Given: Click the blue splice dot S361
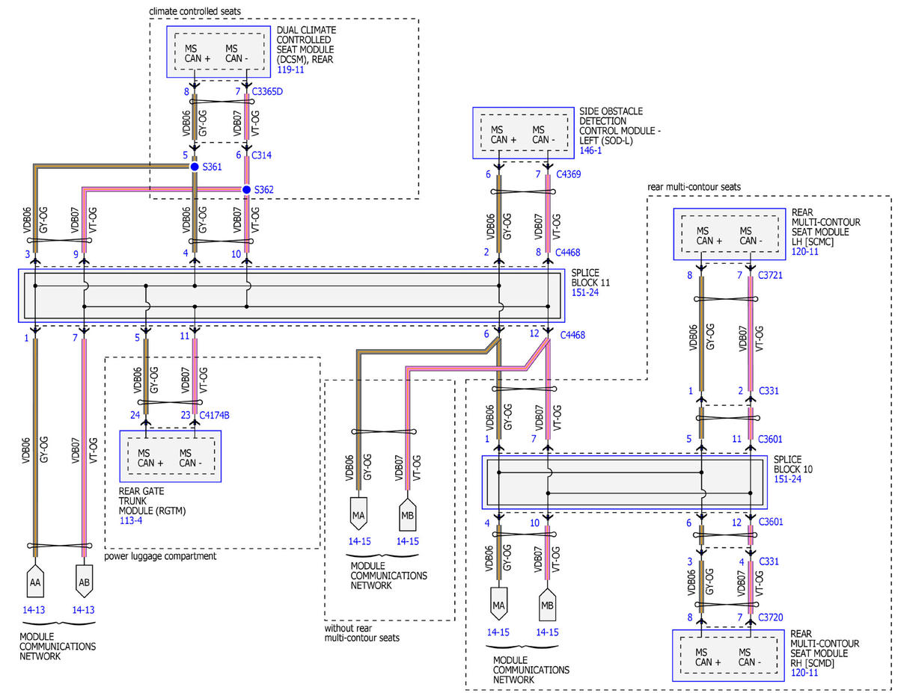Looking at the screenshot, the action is click(195, 167).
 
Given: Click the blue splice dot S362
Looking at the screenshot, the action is click(246, 189).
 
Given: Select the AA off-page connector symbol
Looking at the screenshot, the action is click(35, 581).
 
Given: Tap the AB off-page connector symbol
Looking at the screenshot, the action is click(84, 581).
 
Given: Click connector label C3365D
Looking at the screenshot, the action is click(267, 91).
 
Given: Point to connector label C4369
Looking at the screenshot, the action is click(568, 174).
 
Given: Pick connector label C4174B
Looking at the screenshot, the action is click(214, 415).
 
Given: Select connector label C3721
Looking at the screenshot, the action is click(770, 275).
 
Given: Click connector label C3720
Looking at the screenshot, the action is click(770, 617).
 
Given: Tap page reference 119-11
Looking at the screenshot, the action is click(290, 70).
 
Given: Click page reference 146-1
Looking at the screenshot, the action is click(590, 150).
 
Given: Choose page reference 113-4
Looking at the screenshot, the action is click(131, 520).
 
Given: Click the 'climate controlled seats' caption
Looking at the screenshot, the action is click(195, 11).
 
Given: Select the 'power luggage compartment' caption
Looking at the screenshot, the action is click(160, 556).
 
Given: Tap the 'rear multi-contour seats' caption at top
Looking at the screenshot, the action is click(694, 187).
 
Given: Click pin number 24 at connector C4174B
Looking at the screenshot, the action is click(135, 415).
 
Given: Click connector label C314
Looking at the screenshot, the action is click(261, 155).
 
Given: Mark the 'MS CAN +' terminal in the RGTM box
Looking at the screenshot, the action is click(150, 458).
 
